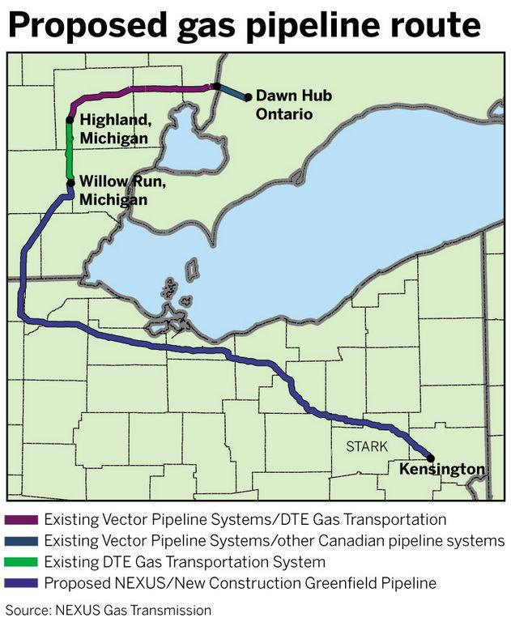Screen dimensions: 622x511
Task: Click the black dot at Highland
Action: (x=70, y=120)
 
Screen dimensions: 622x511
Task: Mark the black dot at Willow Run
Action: (x=71, y=182)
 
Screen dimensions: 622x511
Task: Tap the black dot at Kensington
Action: (x=431, y=458)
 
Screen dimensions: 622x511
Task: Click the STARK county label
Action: (x=368, y=446)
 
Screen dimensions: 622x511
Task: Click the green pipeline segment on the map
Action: (x=70, y=151)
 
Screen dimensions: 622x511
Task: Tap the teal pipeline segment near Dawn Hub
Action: (x=232, y=92)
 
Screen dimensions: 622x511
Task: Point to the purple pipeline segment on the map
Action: (x=146, y=88)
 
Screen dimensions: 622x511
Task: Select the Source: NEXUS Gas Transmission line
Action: (x=109, y=608)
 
